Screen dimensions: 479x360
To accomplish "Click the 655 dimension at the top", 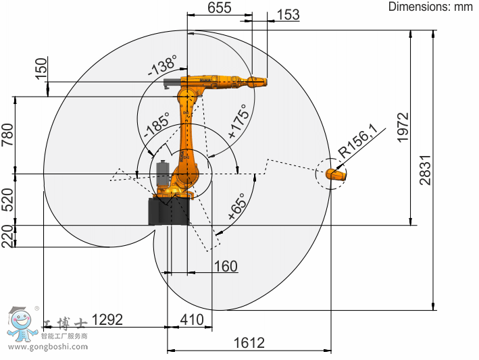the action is pyautogui.click(x=220, y=7).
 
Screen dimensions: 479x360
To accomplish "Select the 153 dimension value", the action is pyautogui.click(x=288, y=15).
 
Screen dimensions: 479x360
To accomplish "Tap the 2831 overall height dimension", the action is pyautogui.click(x=425, y=170).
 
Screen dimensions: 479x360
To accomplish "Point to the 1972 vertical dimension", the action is pyautogui.click(x=403, y=127).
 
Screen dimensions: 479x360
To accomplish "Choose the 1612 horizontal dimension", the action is pyautogui.click(x=249, y=343).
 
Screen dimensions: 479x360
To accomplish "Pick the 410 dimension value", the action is pyautogui.click(x=192, y=319).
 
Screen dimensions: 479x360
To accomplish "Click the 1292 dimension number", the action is pyautogui.click(x=107, y=319).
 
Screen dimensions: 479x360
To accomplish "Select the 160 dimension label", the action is pyautogui.click(x=226, y=266).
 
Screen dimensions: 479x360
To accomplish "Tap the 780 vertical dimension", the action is pyautogui.click(x=7, y=134).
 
